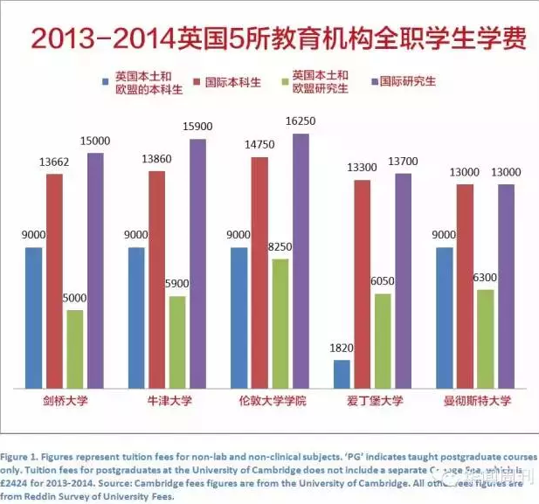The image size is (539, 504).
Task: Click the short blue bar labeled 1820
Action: click(x=342, y=374)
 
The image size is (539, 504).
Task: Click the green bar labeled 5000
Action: click(x=75, y=349)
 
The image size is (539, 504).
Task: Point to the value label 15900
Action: click(x=198, y=128)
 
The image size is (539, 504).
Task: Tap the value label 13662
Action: click(x=53, y=163)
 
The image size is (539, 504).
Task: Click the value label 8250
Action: click(x=280, y=248)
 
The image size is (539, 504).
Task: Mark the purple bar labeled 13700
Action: click(x=404, y=280)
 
